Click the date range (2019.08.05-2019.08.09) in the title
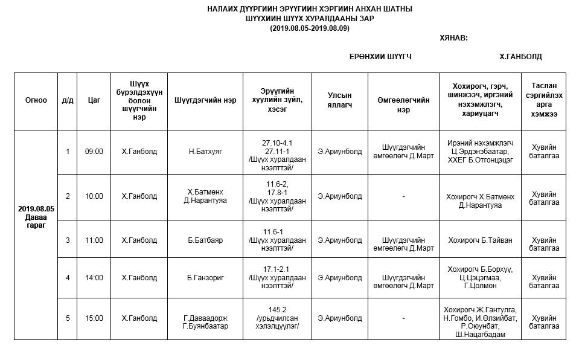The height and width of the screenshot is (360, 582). [x=309, y=28]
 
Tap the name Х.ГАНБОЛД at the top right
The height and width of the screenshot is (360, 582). [x=520, y=57]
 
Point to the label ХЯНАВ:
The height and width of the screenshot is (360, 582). [x=453, y=38]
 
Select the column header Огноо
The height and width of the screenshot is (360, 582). [x=36, y=100]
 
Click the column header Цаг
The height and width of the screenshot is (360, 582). [x=94, y=100]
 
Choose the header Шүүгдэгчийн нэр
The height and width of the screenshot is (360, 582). [x=205, y=100]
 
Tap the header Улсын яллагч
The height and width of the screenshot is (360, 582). [x=339, y=100]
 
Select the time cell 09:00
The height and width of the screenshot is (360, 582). [x=94, y=152]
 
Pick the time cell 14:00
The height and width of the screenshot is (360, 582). [x=94, y=278]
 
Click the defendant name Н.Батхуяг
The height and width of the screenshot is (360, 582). [x=205, y=152]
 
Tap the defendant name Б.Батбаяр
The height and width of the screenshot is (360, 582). [x=205, y=240]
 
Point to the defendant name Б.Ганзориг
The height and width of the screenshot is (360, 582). [x=205, y=278]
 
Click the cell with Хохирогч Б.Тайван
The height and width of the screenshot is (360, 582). [x=480, y=240]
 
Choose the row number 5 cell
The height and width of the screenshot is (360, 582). [x=68, y=318]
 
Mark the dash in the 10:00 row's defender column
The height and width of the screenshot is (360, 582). [x=403, y=196]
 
